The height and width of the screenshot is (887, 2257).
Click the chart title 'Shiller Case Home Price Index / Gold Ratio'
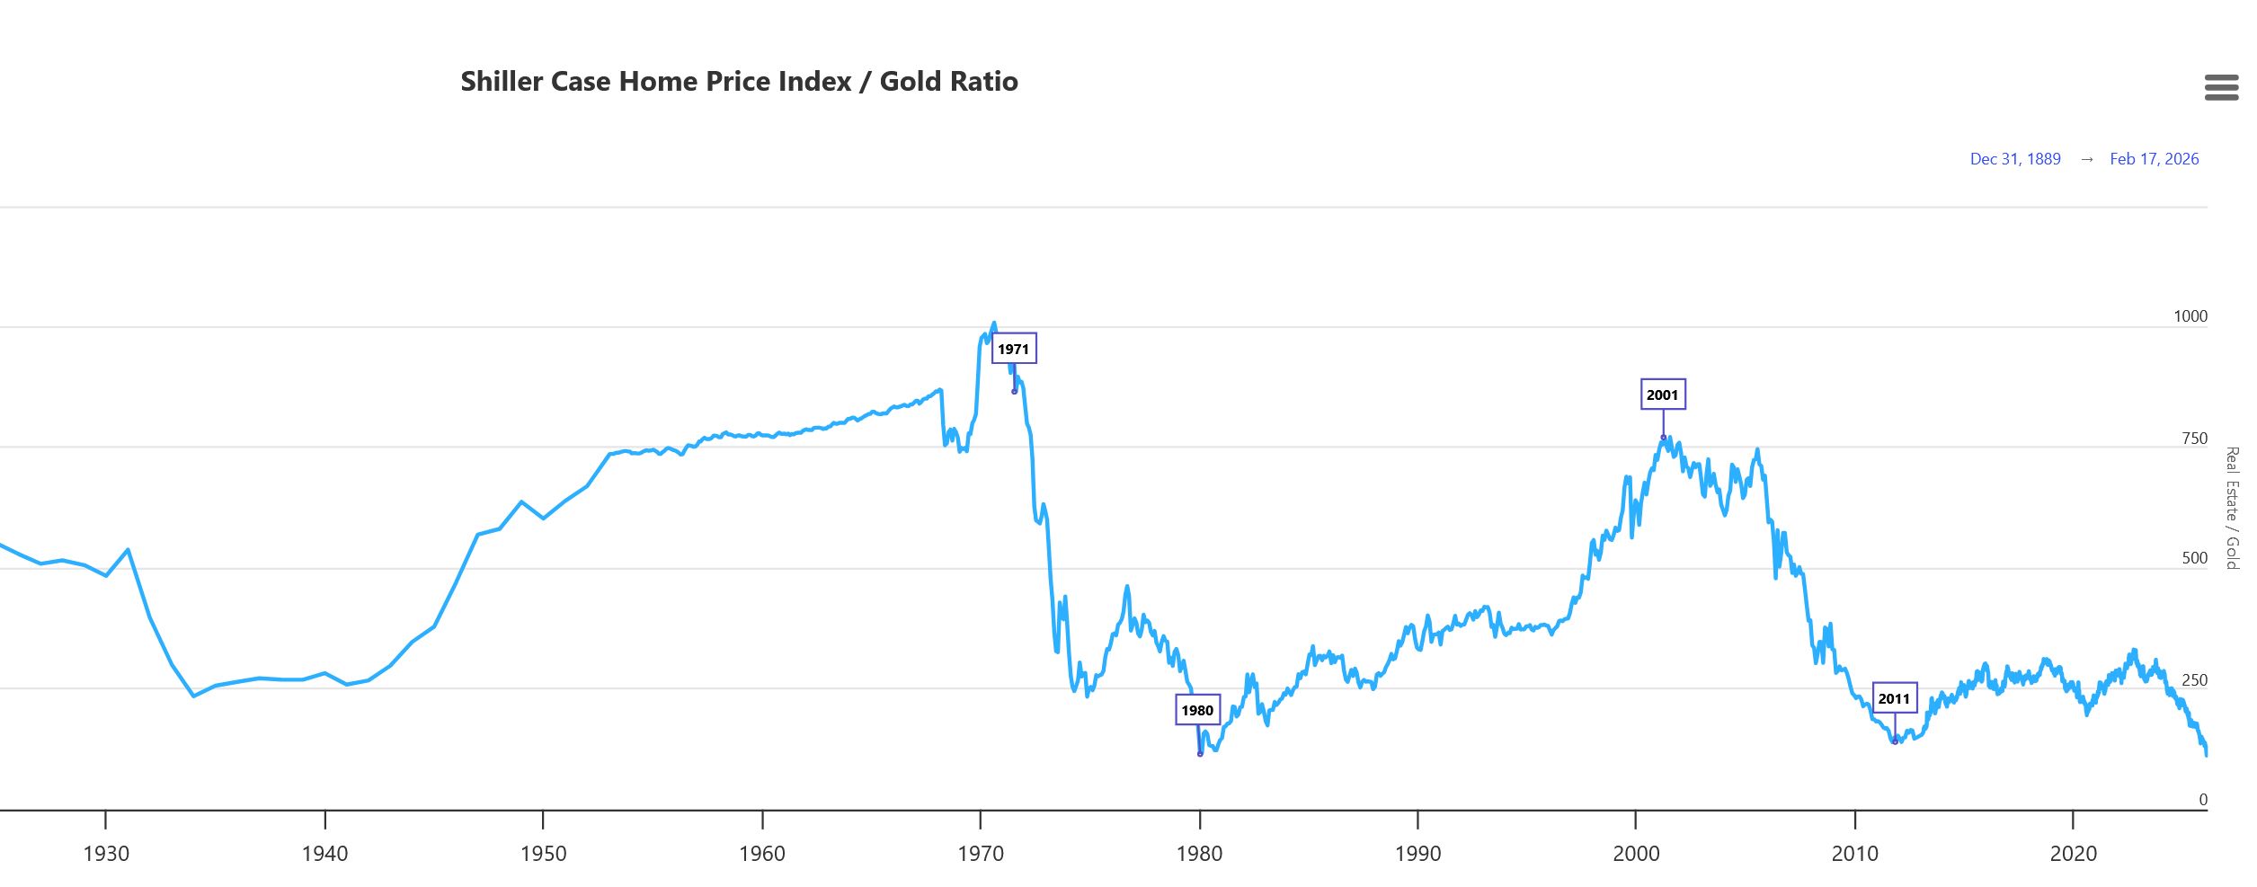click(x=739, y=82)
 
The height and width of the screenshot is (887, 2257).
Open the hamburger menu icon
click(x=2221, y=87)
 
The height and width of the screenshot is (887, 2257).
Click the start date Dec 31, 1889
click(x=2014, y=159)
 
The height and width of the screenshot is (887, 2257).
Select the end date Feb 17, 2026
click(x=2154, y=159)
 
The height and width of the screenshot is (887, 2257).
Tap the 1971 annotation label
click(x=1013, y=349)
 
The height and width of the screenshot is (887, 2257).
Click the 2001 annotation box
click(x=1662, y=395)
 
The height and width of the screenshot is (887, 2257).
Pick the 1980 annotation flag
click(x=1197, y=710)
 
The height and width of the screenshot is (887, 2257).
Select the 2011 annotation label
click(x=1894, y=698)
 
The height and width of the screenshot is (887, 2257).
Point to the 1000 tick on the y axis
click(x=2190, y=316)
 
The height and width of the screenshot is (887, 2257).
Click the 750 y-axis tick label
click(x=2194, y=439)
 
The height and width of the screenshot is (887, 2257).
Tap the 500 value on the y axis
click(x=2194, y=558)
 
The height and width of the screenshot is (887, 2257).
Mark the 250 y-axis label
click(x=2194, y=680)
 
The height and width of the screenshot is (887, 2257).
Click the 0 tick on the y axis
click(x=2202, y=800)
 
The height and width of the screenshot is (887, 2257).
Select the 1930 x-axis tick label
click(x=106, y=854)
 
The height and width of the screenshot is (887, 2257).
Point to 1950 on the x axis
click(x=543, y=854)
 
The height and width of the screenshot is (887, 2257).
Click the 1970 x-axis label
click(x=981, y=854)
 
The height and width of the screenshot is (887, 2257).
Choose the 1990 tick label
click(x=1417, y=854)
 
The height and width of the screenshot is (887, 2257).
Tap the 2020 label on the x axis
click(x=2073, y=854)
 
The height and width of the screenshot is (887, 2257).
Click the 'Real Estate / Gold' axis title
click(x=2232, y=508)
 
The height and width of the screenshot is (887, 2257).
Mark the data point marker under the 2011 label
click(x=1895, y=741)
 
